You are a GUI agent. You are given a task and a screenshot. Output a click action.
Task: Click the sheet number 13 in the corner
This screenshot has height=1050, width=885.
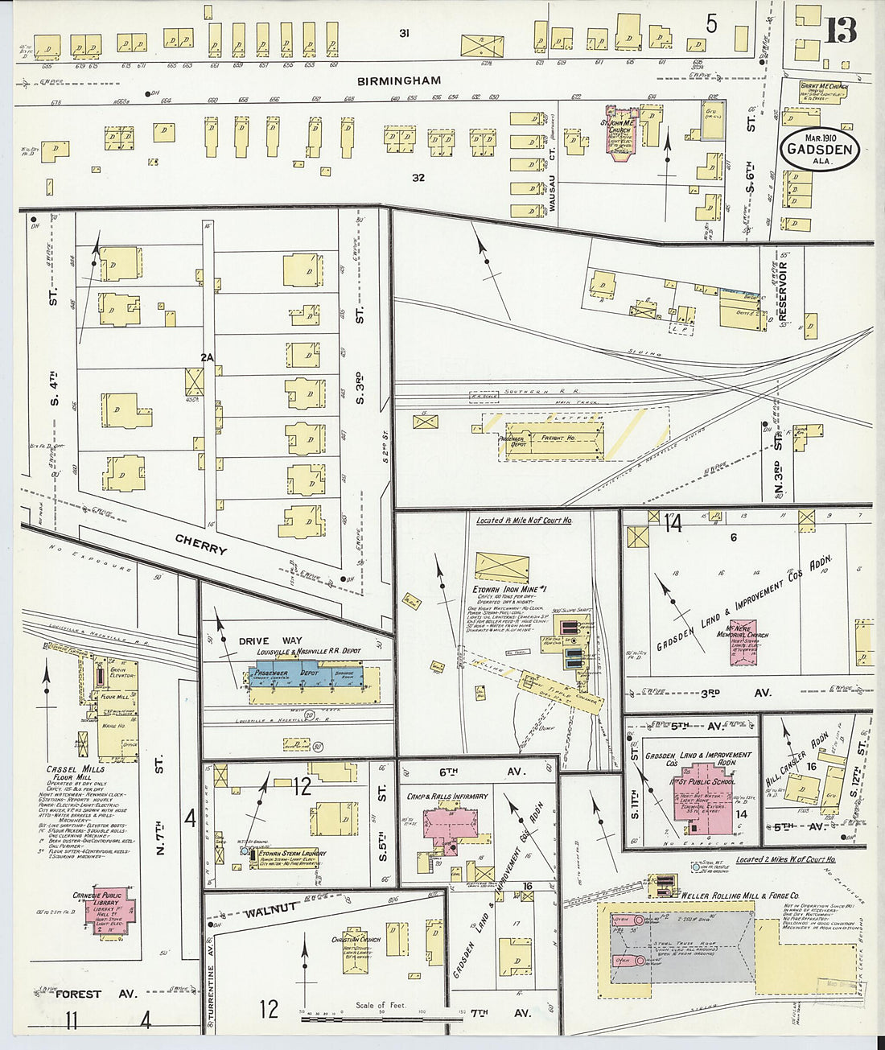(840, 30)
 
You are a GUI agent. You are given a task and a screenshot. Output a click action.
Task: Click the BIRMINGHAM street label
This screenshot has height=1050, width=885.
(400, 80)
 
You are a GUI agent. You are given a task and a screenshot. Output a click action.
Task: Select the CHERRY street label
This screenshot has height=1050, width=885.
(201, 546)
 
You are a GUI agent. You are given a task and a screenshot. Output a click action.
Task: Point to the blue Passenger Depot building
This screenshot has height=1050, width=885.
(306, 675)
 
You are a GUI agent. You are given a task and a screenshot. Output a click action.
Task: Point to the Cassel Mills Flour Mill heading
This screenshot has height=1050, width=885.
(76, 774)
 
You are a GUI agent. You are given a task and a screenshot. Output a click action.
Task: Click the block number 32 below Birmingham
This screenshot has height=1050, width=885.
(418, 178)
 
